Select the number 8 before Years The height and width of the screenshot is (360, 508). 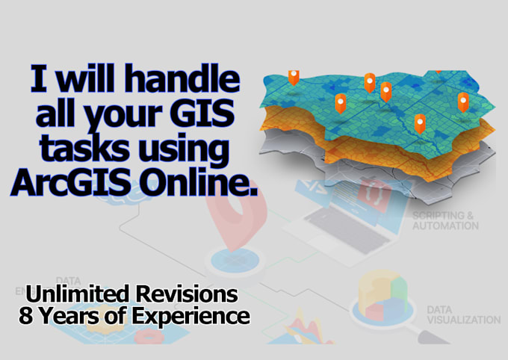click(25, 316)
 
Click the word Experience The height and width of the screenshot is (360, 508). click(193, 316)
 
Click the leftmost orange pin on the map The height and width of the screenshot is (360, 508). click(294, 76)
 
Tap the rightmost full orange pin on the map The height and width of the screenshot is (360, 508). click(463, 102)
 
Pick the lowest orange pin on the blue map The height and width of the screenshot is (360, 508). click(420, 122)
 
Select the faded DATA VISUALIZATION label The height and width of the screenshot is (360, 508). click(462, 314)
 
